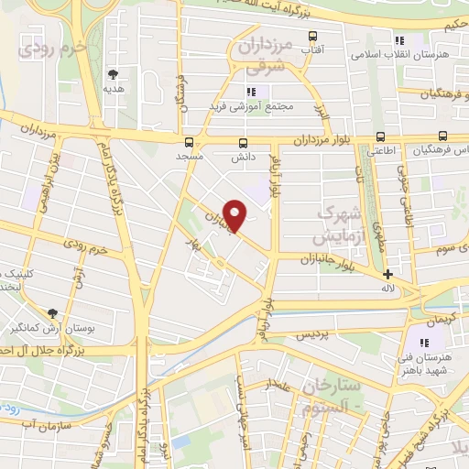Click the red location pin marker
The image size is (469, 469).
tap(235, 214)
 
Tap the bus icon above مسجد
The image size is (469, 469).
tap(190, 142)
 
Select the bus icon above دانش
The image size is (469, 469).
tap(244, 142)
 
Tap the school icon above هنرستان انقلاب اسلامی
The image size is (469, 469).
tap(398, 39)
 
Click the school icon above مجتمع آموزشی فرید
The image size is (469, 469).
tap(250, 91)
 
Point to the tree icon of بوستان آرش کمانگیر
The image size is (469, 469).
tap(52, 312)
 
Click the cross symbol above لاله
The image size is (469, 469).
tap(387, 273)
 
